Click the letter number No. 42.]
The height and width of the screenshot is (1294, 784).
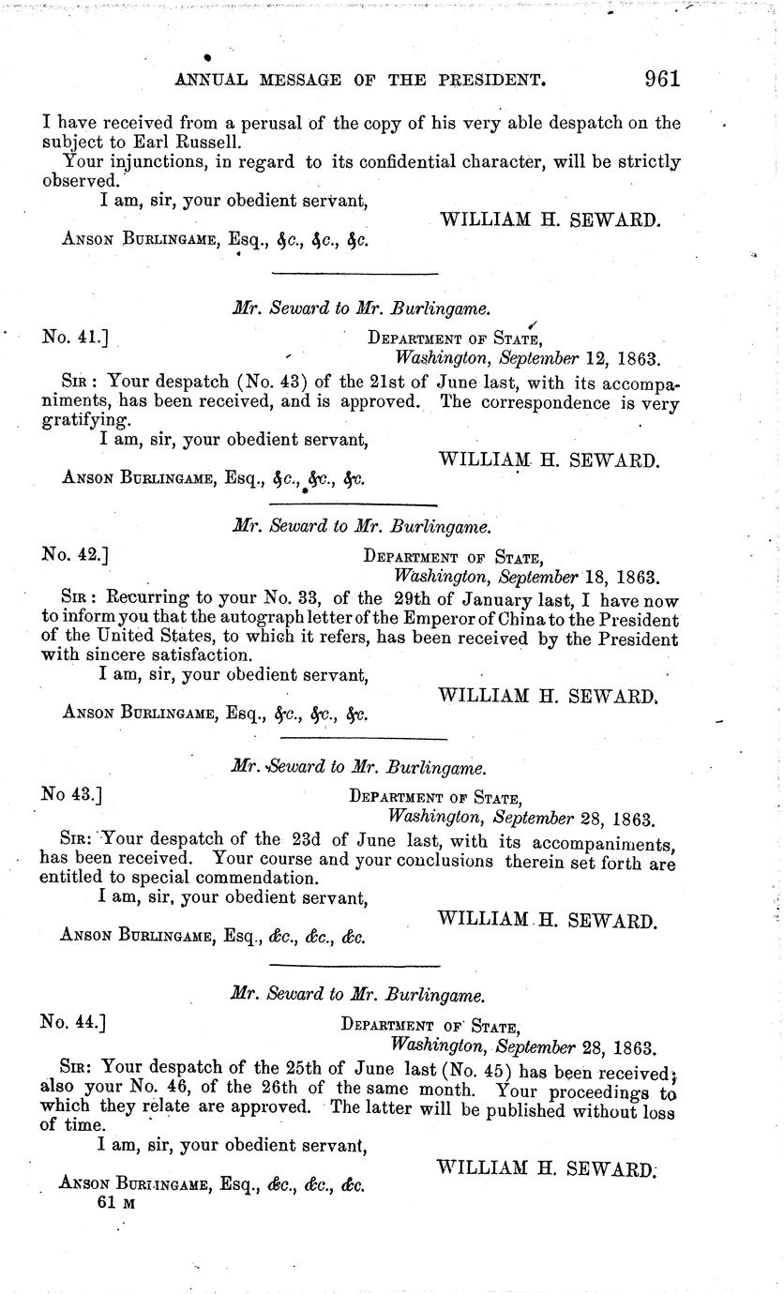[76, 553]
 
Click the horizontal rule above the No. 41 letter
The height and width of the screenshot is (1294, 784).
[354, 273]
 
